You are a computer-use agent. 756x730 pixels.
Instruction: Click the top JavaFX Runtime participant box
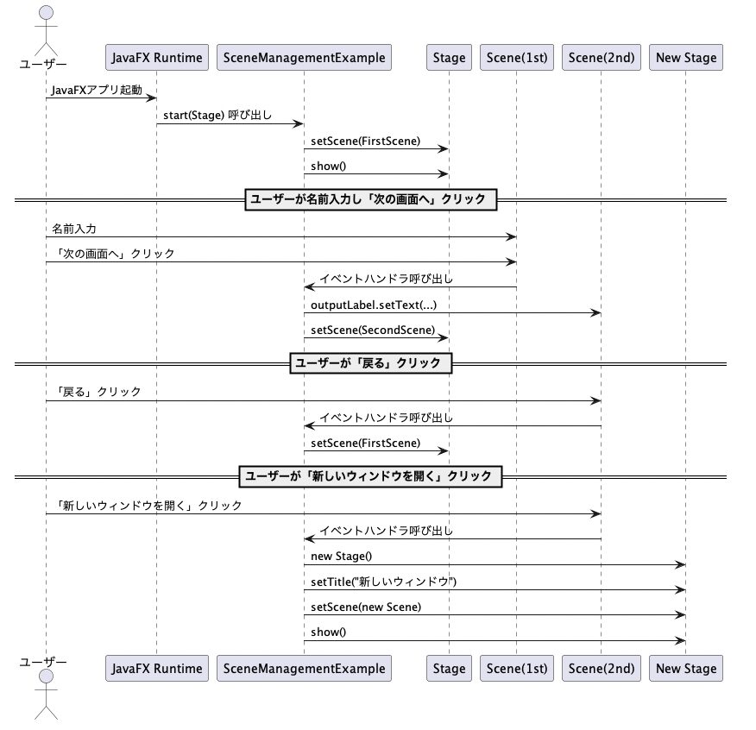coord(157,57)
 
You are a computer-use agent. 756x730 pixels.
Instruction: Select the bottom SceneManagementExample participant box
coord(304,668)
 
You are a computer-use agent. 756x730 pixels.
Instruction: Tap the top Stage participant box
coord(449,57)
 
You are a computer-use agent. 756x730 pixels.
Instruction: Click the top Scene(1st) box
coord(517,57)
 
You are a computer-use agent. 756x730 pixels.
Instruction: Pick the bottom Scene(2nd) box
coord(602,668)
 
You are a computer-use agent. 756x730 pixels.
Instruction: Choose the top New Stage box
coord(686,57)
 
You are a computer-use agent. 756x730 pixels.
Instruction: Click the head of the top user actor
coord(46,13)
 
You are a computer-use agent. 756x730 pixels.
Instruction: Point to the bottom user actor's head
coord(46,676)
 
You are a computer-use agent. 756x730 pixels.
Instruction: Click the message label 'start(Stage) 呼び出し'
coord(217,116)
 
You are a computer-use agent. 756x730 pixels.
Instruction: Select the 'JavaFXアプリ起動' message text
coord(97,90)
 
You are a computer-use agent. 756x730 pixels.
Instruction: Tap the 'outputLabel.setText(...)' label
coord(374,305)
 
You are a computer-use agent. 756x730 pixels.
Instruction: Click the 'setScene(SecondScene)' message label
coord(373,330)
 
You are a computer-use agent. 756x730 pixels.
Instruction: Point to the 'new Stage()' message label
coord(342,556)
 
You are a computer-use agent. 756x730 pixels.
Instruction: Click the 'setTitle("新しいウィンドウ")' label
coord(383,582)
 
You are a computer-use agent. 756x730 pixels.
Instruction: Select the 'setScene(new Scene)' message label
coord(366,607)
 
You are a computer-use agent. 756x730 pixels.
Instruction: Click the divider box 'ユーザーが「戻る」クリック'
coord(371,363)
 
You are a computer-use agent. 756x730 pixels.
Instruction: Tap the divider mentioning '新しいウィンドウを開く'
coord(371,476)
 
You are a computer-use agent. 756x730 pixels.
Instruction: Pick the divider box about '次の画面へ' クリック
coord(371,199)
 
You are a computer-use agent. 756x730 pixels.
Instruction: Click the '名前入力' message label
coord(74,229)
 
